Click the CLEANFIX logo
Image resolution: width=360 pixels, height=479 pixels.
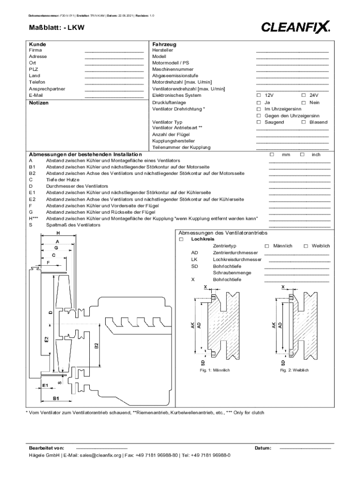tap(295, 27)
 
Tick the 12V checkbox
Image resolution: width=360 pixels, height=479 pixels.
tap(259, 95)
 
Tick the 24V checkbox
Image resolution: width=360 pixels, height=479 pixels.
tap(303, 95)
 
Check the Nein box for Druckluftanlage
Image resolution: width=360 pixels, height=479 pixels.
tap(303, 102)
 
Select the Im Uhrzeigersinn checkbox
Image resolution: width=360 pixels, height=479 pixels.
tap(259, 109)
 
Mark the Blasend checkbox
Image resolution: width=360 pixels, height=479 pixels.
tap(303, 122)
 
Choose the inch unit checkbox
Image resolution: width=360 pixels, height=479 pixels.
tap(302, 154)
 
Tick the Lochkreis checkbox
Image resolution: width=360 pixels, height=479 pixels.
tap(181, 239)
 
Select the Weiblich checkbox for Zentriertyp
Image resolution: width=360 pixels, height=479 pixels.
tap(306, 246)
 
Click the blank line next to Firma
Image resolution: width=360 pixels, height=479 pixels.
tap(114, 51)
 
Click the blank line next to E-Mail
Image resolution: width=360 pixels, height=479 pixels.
tap(114, 97)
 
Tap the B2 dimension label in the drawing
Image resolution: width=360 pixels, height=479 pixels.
tap(96, 346)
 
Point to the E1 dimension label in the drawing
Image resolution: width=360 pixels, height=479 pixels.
tap(45, 385)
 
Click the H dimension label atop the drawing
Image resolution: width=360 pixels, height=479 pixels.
tap(58, 232)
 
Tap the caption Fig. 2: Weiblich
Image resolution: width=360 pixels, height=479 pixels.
tap(292, 370)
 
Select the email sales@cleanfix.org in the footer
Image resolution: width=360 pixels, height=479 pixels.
tap(100, 455)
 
